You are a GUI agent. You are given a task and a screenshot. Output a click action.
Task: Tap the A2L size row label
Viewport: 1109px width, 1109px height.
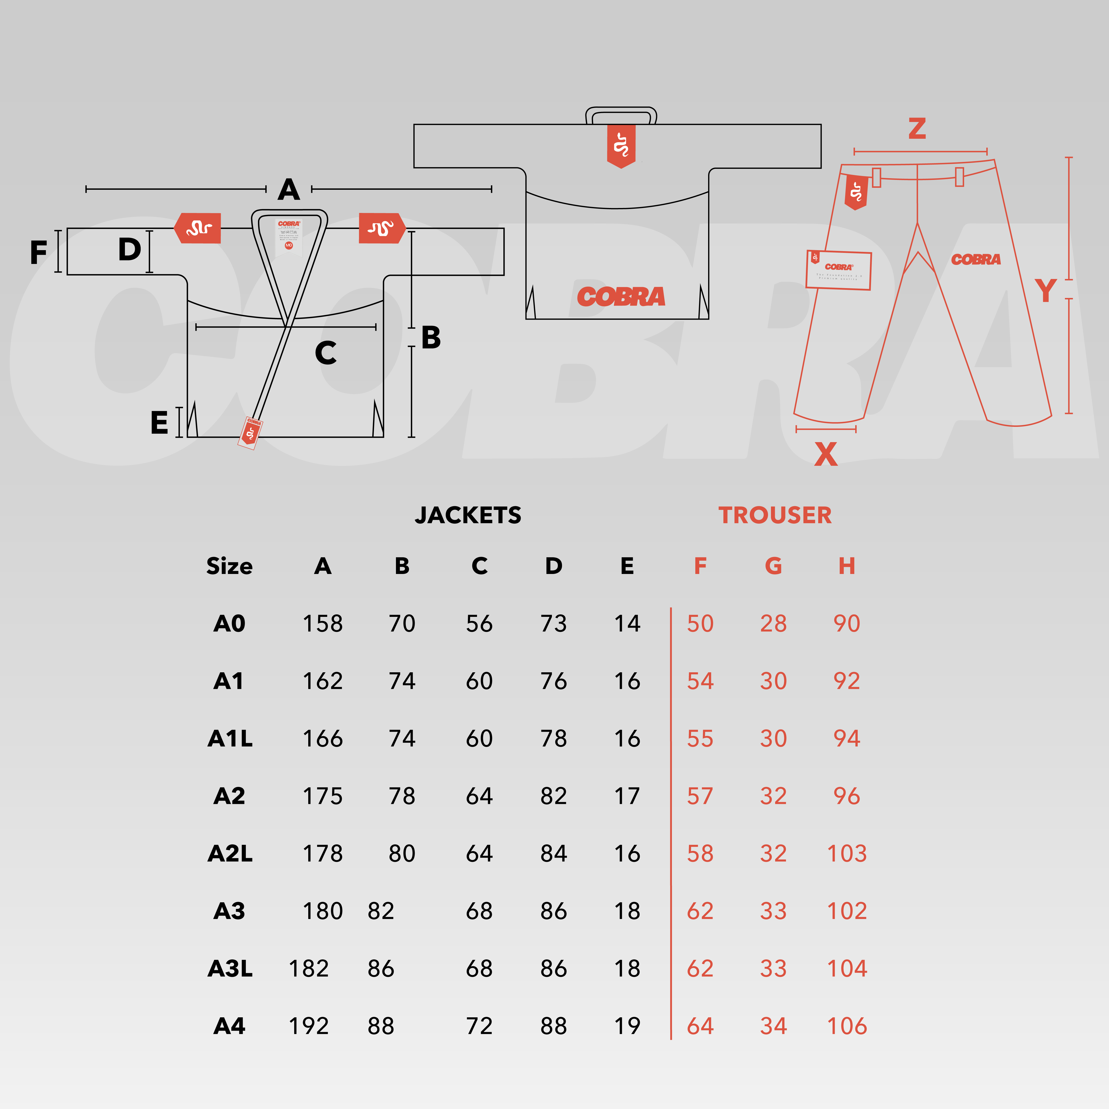[x=230, y=854]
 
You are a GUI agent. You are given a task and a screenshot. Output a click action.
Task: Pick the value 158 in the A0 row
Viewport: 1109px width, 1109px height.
[x=323, y=624]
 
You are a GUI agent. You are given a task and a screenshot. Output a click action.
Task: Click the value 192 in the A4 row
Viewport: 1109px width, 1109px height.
[x=309, y=1026]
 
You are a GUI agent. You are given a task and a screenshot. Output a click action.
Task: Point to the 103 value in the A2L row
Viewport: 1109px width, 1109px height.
[x=847, y=854]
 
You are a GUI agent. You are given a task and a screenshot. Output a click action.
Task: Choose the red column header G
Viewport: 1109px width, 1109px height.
[x=773, y=566]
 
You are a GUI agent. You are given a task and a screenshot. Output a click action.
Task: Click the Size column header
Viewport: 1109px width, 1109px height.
[x=230, y=566]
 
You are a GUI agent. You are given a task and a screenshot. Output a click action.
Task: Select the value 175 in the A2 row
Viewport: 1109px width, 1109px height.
[x=323, y=796]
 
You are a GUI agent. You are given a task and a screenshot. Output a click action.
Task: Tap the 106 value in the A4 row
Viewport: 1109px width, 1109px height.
[x=847, y=1026]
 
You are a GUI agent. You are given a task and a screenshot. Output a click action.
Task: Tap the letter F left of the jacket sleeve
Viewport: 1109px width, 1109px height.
[x=38, y=253]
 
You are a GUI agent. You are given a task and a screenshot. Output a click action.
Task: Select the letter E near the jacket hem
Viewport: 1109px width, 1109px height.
[x=159, y=423]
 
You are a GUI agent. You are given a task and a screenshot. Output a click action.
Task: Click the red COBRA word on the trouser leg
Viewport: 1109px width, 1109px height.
[x=976, y=260]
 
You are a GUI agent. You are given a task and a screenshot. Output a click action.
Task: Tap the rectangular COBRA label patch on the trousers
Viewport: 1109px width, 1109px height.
[x=839, y=270]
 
